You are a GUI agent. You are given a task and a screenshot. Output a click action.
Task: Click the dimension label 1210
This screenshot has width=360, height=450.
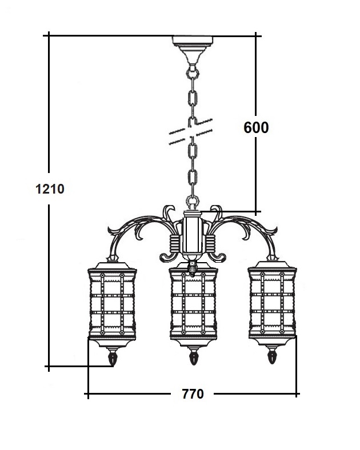(50, 189)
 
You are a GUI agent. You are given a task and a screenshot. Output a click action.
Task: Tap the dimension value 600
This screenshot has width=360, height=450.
(256, 127)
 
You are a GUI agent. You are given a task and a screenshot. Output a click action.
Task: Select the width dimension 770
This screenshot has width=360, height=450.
(193, 394)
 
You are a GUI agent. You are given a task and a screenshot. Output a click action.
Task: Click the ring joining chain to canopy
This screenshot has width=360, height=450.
(193, 72)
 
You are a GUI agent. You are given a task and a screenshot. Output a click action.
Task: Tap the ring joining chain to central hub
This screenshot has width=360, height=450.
(193, 200)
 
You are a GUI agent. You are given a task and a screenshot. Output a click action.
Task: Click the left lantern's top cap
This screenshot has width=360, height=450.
(112, 266)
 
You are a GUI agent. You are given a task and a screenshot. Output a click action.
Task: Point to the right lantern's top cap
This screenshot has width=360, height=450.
(272, 264)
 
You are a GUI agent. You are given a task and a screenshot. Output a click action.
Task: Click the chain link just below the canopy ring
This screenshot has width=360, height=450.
(193, 98)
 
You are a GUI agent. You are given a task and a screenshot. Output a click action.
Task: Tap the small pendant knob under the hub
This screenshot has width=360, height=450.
(193, 268)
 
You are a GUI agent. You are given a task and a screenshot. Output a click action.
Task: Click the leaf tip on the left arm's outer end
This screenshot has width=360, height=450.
(110, 230)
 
